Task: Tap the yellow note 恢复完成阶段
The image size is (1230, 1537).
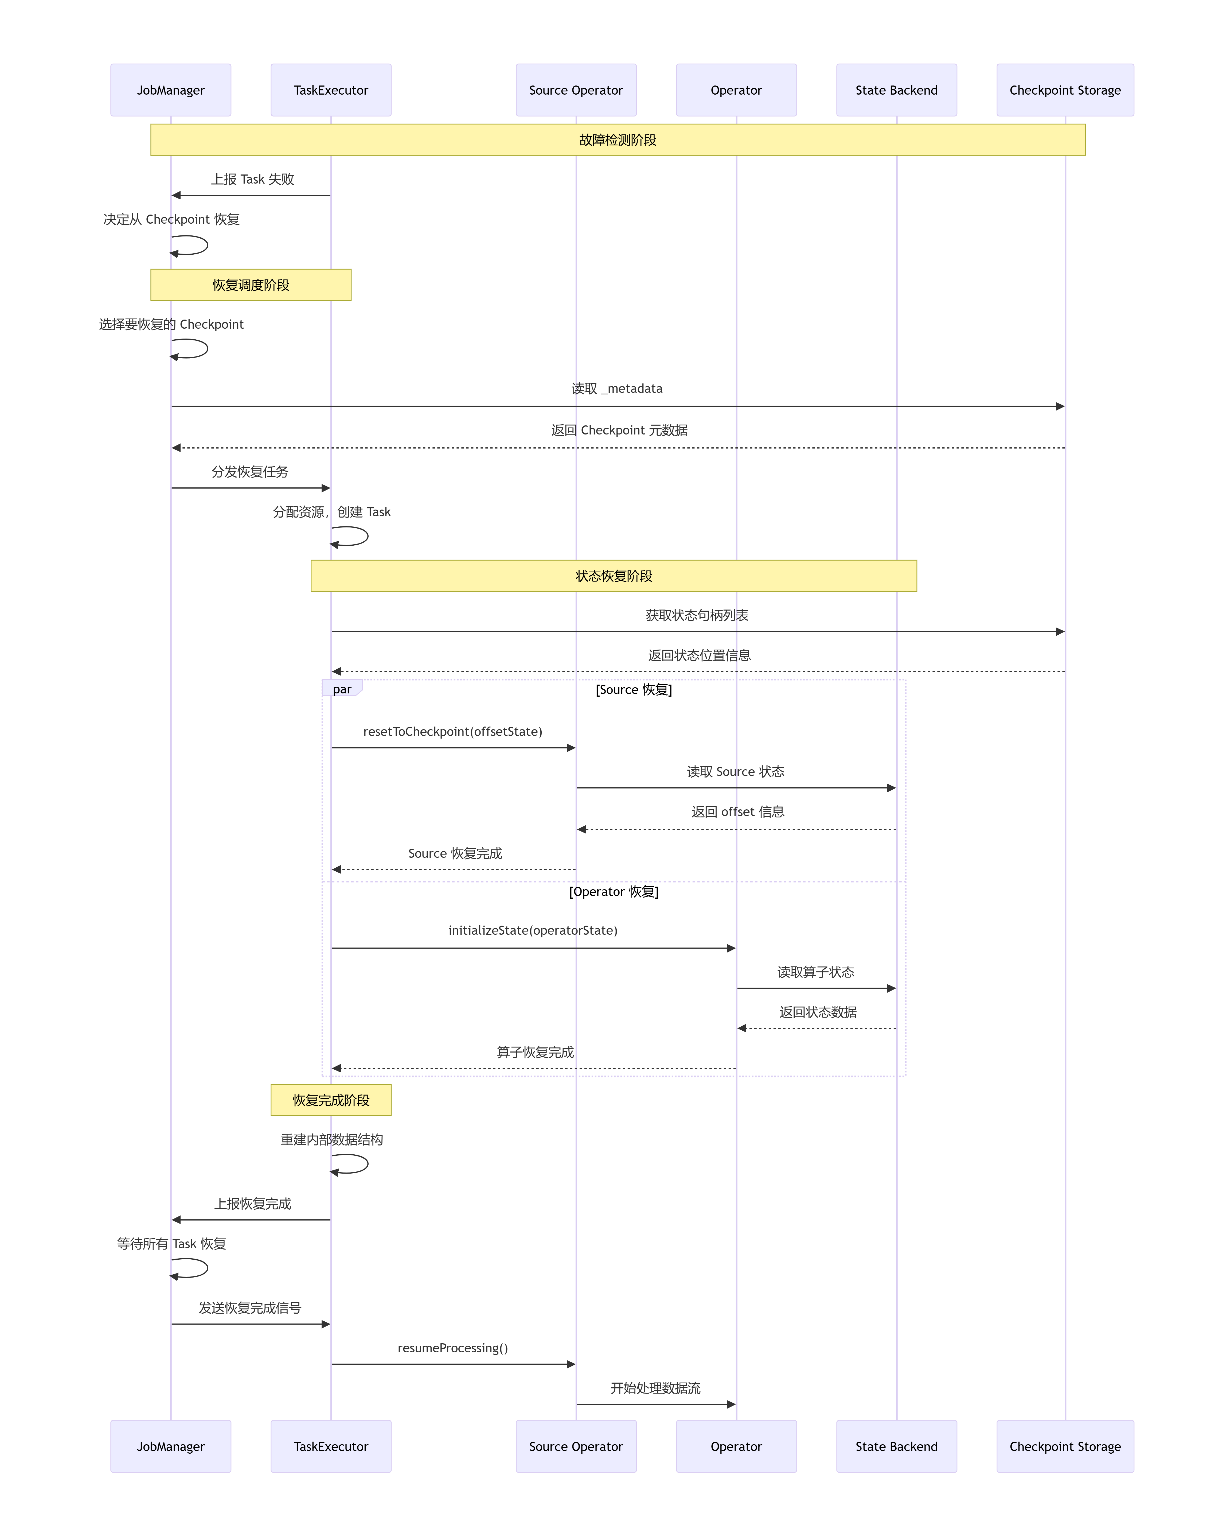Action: (x=331, y=1100)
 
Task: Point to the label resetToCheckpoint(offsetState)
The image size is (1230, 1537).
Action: (x=452, y=731)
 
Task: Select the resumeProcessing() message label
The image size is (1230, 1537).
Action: (x=452, y=1348)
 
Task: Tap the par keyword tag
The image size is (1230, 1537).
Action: (x=342, y=689)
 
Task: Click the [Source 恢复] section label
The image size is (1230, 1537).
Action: (x=634, y=689)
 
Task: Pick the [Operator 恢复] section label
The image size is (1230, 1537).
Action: (x=614, y=892)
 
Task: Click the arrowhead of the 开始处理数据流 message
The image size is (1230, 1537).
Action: (x=731, y=1404)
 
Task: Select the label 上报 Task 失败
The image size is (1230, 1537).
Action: (x=252, y=179)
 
